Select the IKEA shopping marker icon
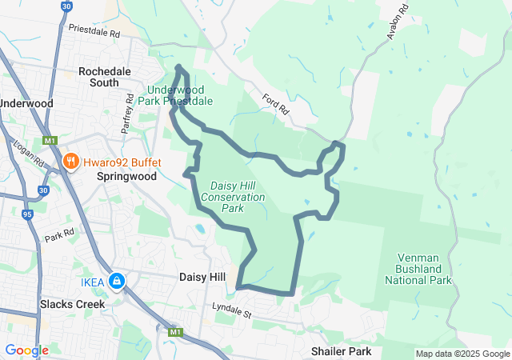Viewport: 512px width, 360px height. (x=117, y=281)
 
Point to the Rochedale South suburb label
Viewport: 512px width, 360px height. (x=105, y=77)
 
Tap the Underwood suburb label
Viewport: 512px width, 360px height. (x=26, y=103)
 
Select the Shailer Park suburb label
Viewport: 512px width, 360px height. (x=341, y=351)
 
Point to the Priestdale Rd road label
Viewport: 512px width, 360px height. (x=94, y=34)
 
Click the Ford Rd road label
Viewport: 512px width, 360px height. (x=274, y=102)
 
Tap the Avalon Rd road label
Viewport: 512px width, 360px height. (x=398, y=22)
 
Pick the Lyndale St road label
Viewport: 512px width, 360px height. (x=232, y=308)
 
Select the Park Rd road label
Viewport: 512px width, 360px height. (x=59, y=237)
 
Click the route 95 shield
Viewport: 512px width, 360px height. (x=28, y=214)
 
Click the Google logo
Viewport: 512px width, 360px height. (x=26, y=350)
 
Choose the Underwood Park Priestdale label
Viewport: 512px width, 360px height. (x=180, y=95)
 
